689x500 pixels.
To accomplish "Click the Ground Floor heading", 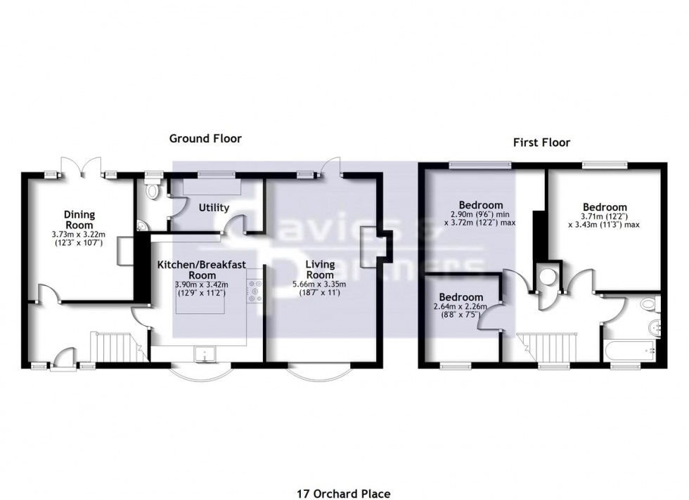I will [205, 138].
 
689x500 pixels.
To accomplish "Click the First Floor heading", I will [541, 143].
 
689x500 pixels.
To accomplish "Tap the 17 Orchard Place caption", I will [343, 494].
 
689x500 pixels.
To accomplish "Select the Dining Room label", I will [79, 219].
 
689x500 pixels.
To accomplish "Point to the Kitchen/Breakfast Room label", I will [200, 270].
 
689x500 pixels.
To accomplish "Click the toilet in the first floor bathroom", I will [649, 304].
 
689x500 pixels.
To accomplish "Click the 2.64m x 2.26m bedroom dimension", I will [461, 307].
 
